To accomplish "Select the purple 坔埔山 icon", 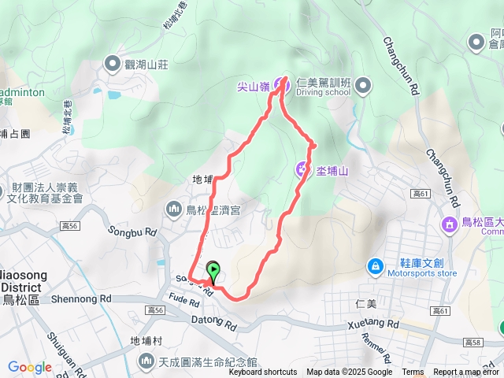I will [302, 169].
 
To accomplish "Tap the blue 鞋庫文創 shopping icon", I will [376, 266].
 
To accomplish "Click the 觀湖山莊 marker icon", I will [113, 64].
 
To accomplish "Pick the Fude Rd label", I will [183, 300].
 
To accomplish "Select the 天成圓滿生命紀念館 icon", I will [147, 361].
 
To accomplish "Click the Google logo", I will [29, 367].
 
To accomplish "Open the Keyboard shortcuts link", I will [263, 372].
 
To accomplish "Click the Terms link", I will [413, 372].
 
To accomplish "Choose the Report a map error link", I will [466, 372].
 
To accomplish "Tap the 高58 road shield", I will [472, 342].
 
